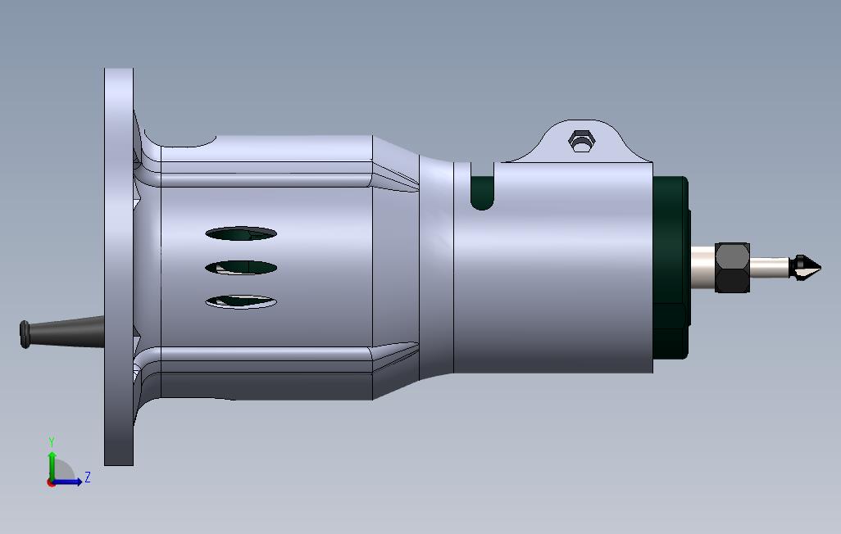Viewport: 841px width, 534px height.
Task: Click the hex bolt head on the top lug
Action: click(x=581, y=141)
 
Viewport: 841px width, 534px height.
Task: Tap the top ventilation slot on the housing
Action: click(x=241, y=233)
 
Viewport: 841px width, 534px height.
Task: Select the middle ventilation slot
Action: click(x=241, y=267)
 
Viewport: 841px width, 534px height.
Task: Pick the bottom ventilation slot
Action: click(x=241, y=302)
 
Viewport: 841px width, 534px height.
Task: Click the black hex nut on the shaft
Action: click(x=732, y=268)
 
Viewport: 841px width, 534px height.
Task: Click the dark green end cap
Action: click(x=671, y=267)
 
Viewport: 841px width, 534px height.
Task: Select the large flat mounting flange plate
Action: click(x=119, y=267)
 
